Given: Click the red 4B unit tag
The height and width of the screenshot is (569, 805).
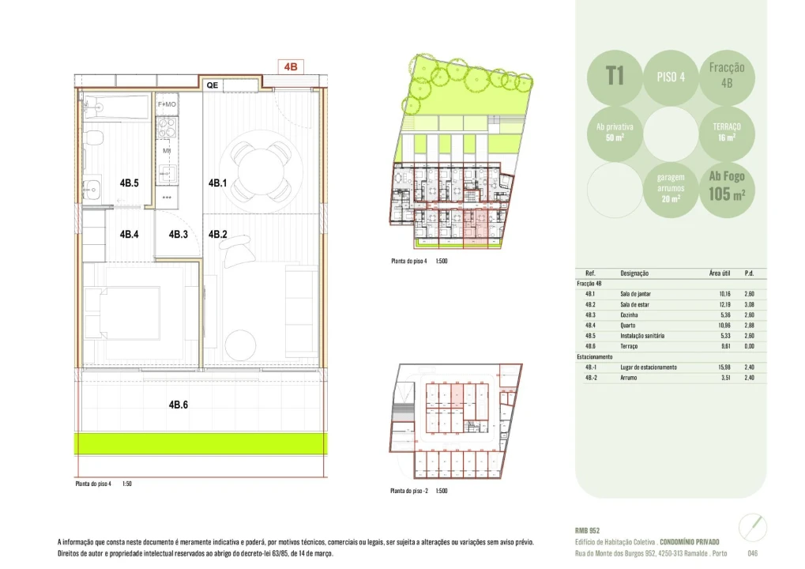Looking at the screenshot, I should (290, 67).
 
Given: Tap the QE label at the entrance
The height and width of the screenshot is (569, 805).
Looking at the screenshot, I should (213, 85).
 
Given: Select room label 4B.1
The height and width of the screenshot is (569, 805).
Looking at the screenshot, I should (218, 183).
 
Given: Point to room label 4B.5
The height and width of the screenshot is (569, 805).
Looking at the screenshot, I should (129, 183).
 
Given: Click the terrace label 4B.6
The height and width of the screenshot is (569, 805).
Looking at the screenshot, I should (178, 405).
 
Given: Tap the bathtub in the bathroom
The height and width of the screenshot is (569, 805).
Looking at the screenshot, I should (116, 107).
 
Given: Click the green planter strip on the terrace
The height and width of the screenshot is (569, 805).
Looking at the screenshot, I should (200, 443).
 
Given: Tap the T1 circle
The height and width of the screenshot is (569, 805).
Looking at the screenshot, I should (615, 77).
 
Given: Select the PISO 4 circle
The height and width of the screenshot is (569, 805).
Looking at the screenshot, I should (671, 77).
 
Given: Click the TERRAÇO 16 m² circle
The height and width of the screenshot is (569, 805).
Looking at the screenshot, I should (725, 131).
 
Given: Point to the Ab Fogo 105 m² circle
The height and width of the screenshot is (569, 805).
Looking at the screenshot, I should (726, 186).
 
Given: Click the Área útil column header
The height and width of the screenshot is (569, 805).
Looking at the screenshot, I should (719, 273).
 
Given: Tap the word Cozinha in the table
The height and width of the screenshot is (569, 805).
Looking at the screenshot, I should (631, 315).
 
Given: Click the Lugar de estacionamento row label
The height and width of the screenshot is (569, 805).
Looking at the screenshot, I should (648, 367).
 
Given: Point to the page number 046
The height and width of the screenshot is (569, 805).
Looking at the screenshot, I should (752, 552).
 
